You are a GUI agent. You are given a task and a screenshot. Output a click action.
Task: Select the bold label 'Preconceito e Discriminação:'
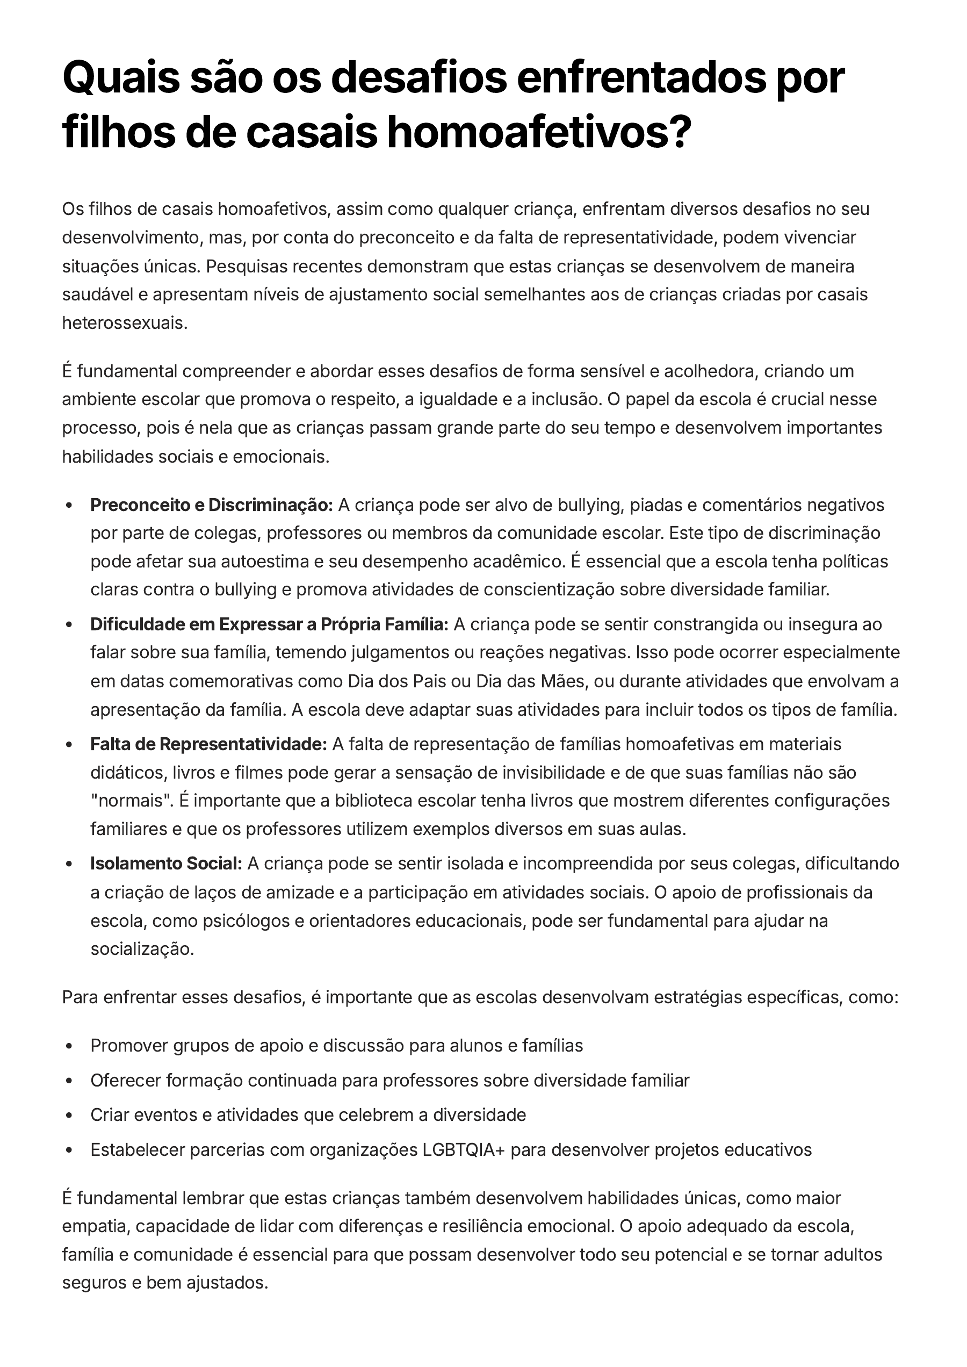(x=211, y=505)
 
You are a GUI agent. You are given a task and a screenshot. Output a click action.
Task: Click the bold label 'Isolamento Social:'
(x=166, y=864)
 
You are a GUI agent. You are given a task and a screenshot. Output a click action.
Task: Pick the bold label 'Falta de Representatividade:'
(x=208, y=744)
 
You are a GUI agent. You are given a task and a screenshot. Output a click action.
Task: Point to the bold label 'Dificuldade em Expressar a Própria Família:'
(x=269, y=624)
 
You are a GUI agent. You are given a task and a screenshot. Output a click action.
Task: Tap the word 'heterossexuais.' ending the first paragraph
(x=125, y=323)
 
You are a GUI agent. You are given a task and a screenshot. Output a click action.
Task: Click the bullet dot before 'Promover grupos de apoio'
(x=69, y=1046)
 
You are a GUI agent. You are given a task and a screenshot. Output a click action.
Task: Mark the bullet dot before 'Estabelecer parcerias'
(x=69, y=1149)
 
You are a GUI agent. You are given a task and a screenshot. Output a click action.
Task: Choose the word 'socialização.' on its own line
(x=142, y=949)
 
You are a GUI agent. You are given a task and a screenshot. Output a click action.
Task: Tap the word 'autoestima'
(x=265, y=562)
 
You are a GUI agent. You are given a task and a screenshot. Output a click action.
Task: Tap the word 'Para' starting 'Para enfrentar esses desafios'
(x=80, y=997)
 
